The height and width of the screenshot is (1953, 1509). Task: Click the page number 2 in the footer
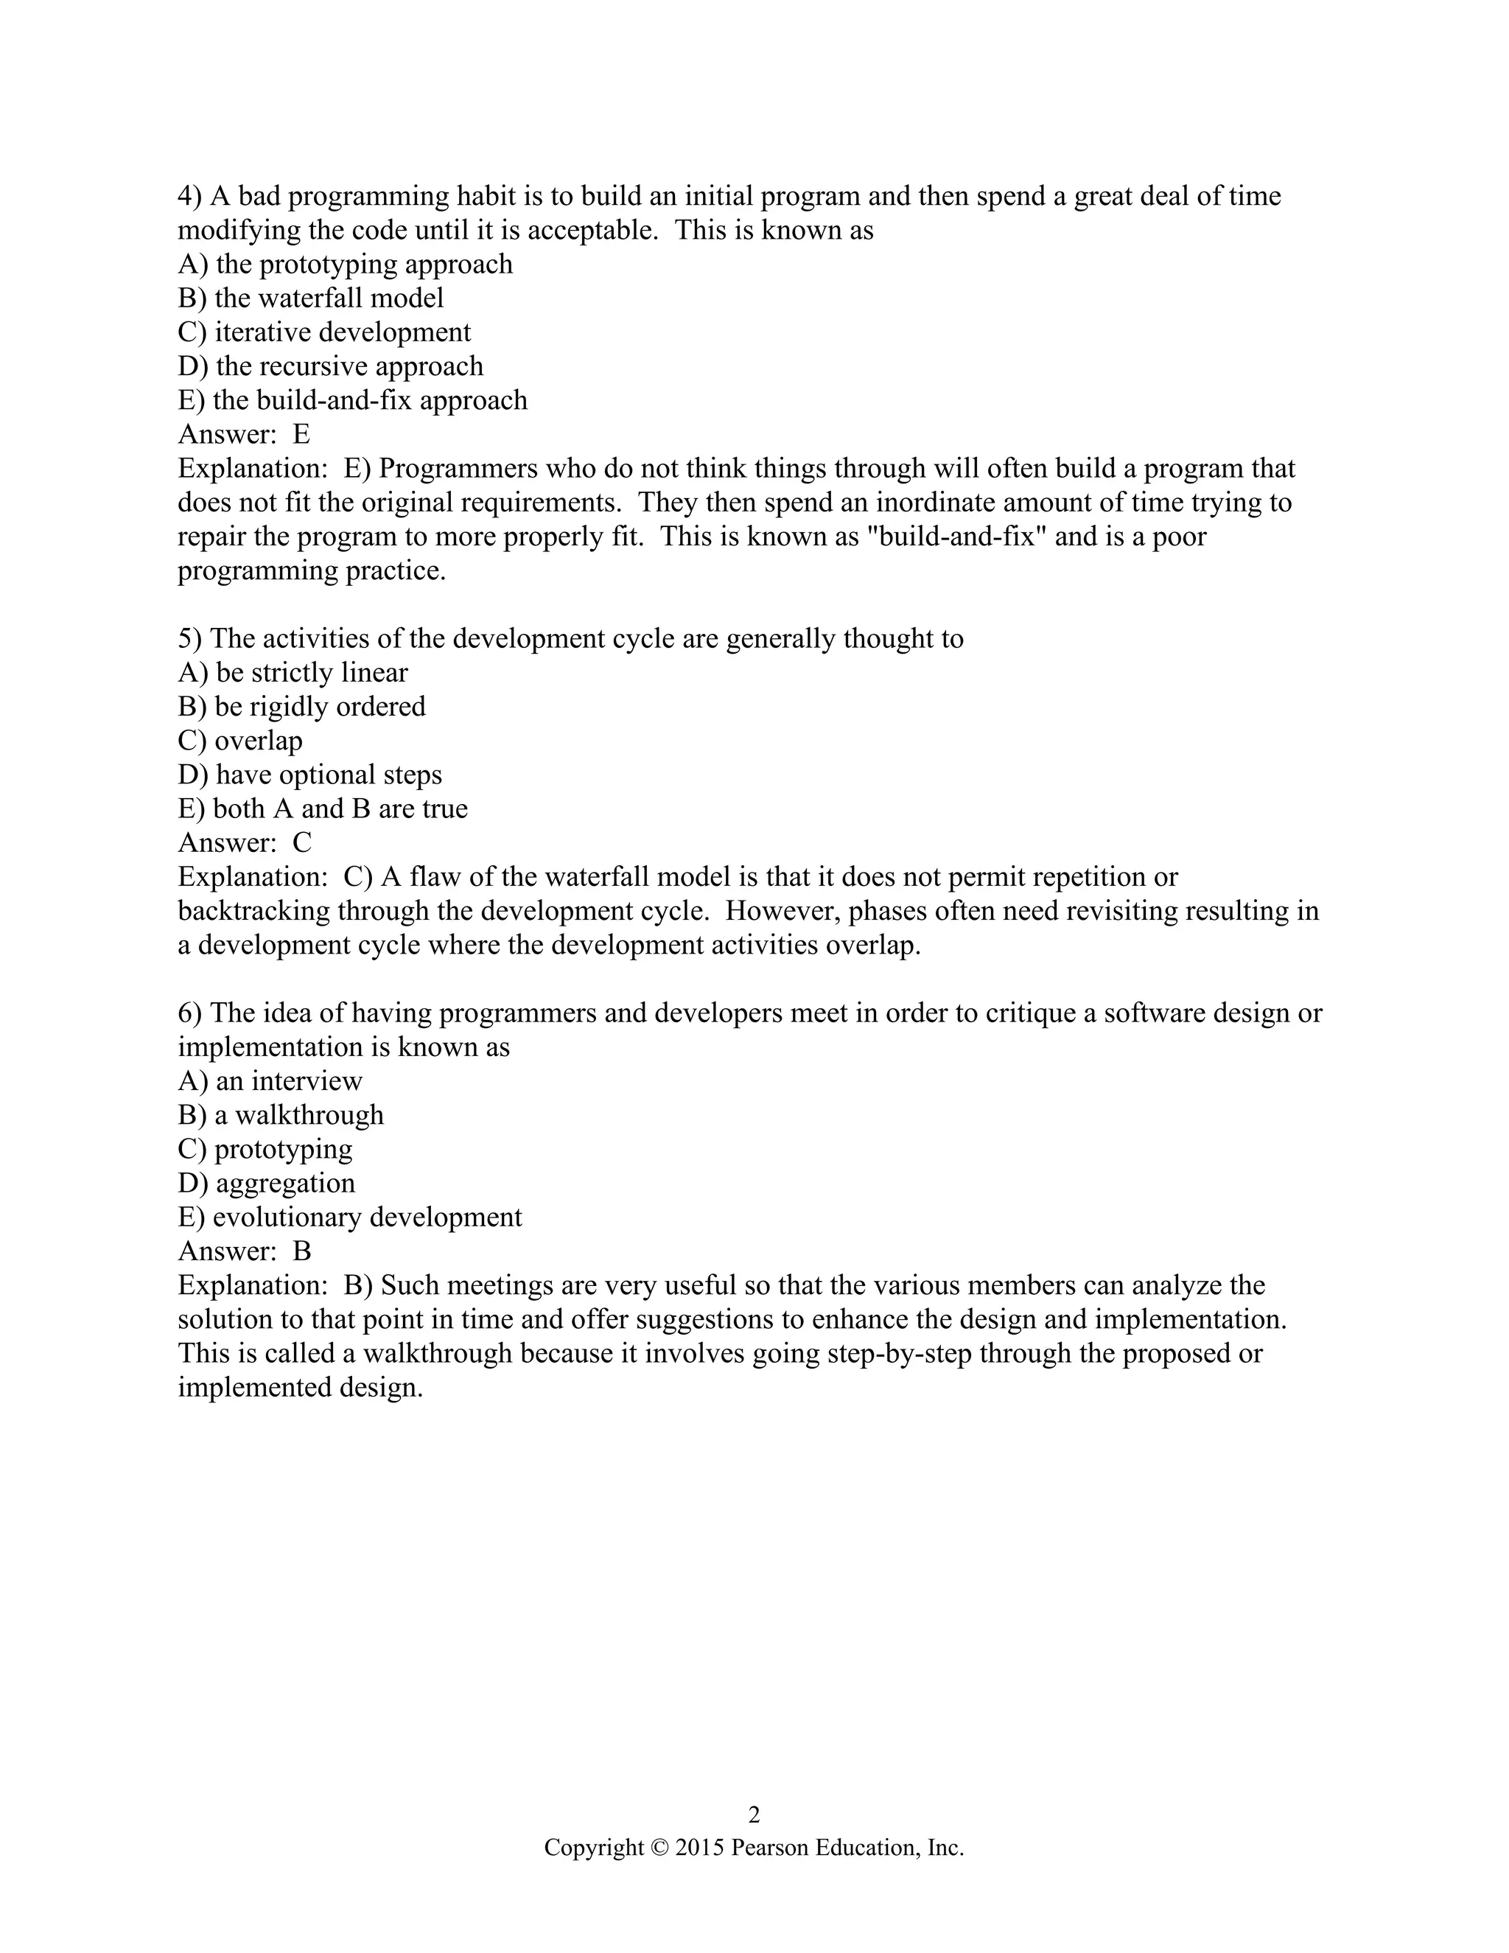(x=754, y=1814)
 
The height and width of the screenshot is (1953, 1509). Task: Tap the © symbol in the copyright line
(x=659, y=1848)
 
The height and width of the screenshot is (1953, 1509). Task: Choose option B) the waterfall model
(x=310, y=298)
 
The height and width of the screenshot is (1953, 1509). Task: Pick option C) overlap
(x=239, y=741)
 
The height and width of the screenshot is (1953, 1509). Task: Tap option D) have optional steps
(x=309, y=775)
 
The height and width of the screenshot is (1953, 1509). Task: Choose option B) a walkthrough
(x=281, y=1115)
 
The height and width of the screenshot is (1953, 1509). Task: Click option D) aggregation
(x=267, y=1183)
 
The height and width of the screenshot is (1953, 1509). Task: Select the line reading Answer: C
(x=244, y=842)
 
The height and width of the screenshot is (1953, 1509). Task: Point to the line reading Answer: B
(x=244, y=1251)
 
